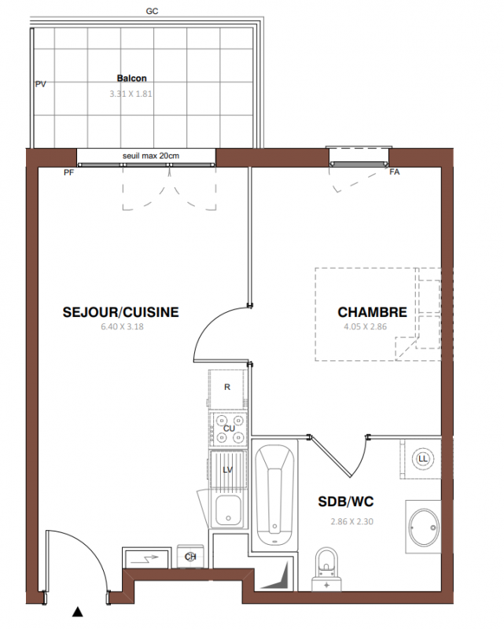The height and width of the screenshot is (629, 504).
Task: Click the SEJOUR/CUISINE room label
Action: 121,312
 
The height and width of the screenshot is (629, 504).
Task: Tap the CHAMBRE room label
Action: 373,312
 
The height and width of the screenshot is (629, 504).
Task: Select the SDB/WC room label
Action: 346,502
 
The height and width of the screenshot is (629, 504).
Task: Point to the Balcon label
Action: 131,78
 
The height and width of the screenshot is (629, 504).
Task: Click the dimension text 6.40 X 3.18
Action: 122,326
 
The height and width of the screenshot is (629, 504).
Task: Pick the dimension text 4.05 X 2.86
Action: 365,326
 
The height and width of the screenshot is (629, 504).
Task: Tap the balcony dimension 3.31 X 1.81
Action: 131,94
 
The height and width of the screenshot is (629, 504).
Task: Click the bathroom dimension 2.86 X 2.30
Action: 352,521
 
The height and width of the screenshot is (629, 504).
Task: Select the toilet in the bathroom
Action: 326,568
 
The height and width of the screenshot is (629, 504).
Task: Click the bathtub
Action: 274,495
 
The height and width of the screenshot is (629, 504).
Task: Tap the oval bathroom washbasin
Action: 424,527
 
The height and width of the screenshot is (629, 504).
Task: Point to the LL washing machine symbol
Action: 423,458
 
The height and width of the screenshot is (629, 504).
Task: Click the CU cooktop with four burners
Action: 229,429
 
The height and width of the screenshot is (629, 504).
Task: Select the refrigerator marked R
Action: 227,388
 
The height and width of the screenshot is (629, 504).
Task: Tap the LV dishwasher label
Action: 227,469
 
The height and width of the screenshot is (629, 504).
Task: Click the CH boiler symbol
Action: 190,557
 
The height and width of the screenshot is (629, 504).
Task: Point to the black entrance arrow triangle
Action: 77,612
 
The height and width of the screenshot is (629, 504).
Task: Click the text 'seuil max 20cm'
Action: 151,156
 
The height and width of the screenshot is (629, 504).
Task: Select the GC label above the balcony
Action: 152,11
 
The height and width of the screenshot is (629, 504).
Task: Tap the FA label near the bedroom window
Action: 395,171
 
